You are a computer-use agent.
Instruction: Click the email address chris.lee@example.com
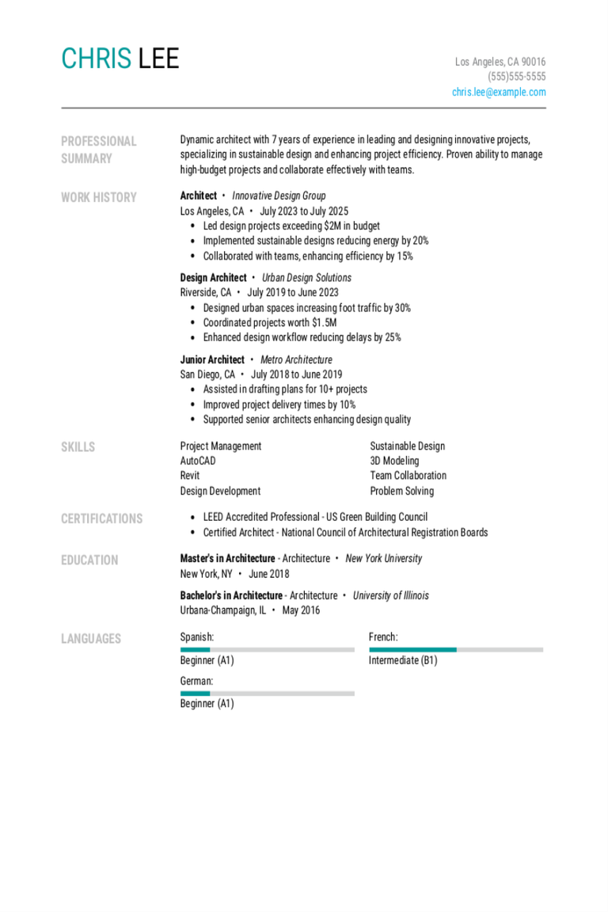(499, 92)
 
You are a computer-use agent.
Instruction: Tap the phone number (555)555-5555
(516, 77)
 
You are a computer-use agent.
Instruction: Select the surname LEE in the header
(158, 59)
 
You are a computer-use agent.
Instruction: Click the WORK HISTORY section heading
(98, 197)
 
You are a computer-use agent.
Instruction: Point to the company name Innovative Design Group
(279, 196)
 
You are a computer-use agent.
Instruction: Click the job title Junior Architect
(212, 359)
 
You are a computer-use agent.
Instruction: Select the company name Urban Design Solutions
(306, 278)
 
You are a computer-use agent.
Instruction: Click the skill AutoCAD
(198, 461)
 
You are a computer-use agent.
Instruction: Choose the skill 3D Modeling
(394, 461)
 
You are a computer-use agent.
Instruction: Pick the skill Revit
(190, 476)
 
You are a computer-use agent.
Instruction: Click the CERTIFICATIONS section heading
(101, 519)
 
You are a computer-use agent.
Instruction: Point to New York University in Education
(383, 558)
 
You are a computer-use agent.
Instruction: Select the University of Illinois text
(390, 595)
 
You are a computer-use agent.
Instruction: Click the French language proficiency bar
(456, 649)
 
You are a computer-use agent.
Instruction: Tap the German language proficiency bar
(267, 693)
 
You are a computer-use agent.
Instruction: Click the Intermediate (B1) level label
(402, 660)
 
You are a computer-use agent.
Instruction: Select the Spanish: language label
(197, 636)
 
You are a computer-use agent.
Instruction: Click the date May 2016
(301, 610)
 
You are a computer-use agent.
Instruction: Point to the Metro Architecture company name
(296, 359)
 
